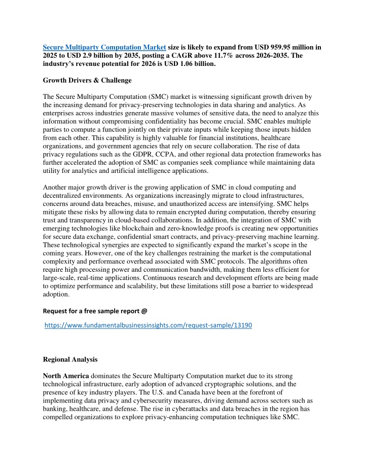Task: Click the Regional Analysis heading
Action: click(x=71, y=358)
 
